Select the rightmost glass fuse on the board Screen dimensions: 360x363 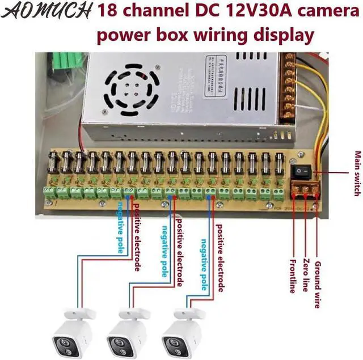point(279,164)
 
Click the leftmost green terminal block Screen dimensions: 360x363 point(50,192)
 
